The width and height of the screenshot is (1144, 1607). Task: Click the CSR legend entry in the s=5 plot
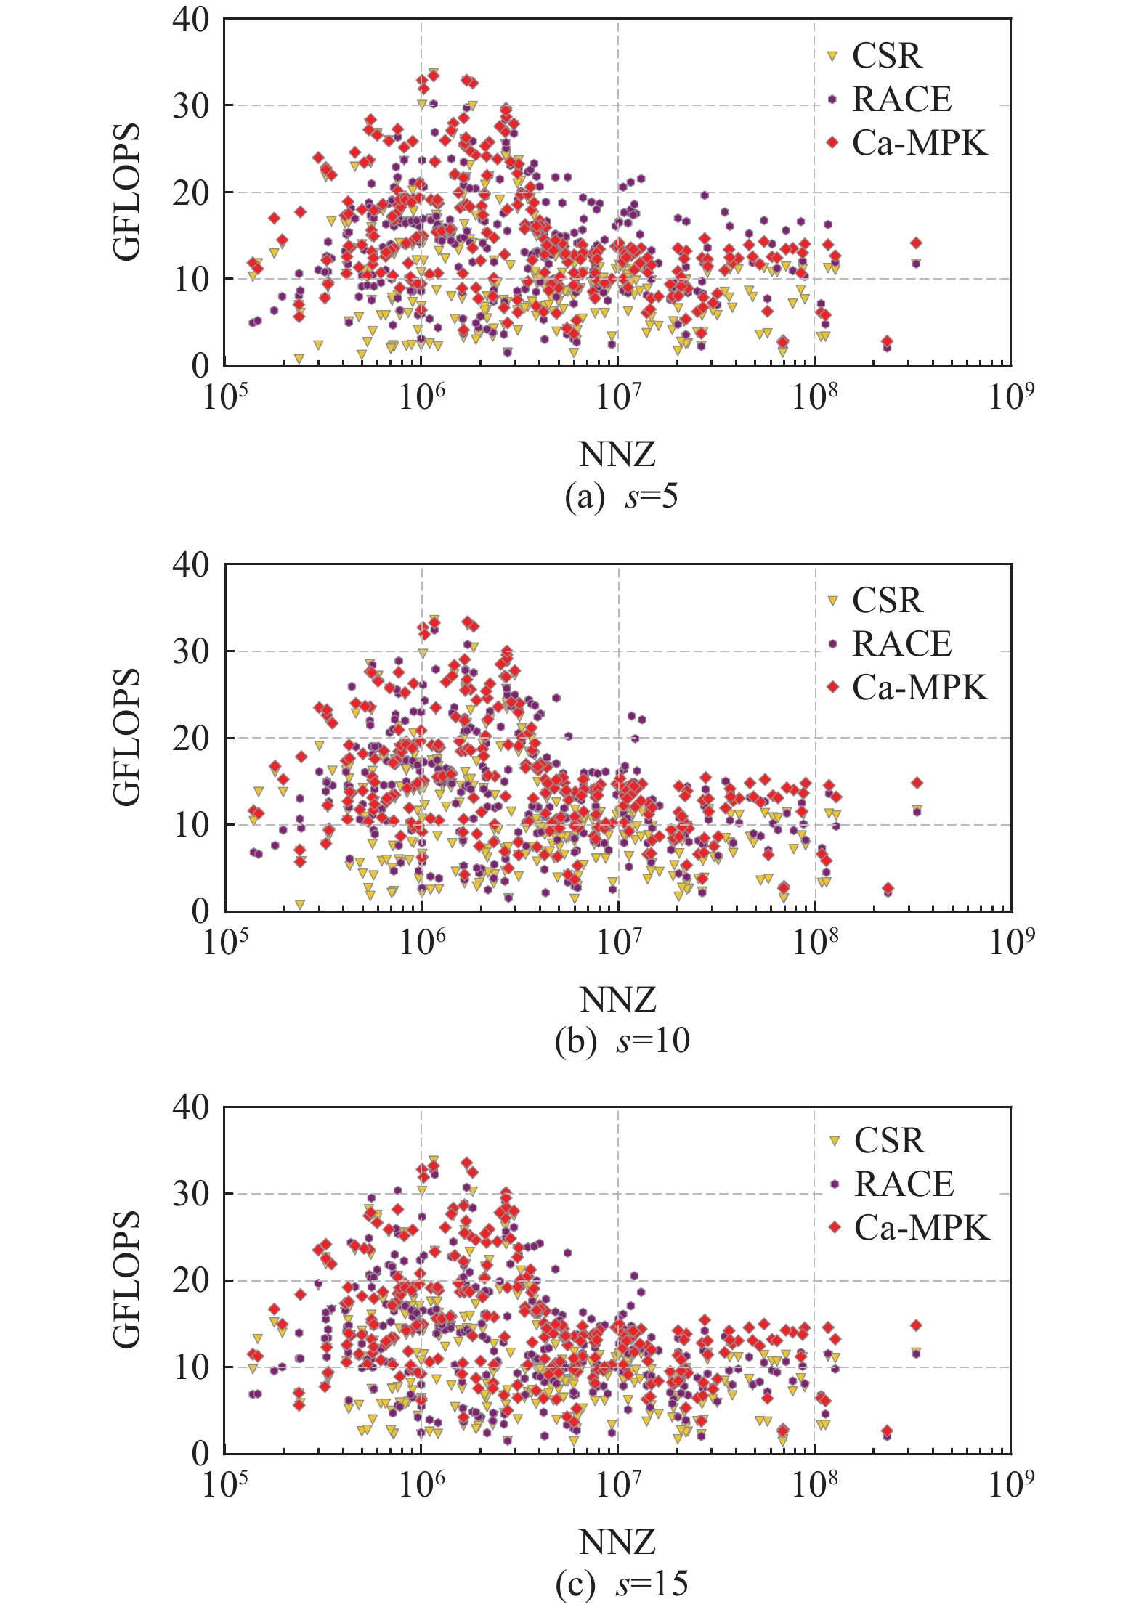(x=886, y=56)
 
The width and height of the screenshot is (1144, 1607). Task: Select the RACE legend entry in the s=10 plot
(x=901, y=644)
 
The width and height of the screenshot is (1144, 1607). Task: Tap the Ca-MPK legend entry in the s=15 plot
(x=921, y=1227)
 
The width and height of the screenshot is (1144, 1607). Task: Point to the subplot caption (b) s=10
(x=621, y=1041)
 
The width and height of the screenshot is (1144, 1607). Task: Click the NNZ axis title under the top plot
(x=617, y=455)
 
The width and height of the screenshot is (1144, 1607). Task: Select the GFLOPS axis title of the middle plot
(x=127, y=736)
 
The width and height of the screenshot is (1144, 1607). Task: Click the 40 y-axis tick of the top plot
(x=190, y=20)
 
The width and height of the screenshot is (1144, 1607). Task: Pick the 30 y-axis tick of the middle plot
(x=190, y=651)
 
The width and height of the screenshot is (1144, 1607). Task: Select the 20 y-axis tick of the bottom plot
(x=190, y=1280)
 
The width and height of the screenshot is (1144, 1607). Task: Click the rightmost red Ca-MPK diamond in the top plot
(x=916, y=243)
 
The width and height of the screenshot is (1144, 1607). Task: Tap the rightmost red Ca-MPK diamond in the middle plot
(x=917, y=783)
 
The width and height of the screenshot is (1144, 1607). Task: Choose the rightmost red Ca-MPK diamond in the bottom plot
(x=917, y=1325)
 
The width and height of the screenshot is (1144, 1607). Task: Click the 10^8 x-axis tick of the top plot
(x=814, y=397)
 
